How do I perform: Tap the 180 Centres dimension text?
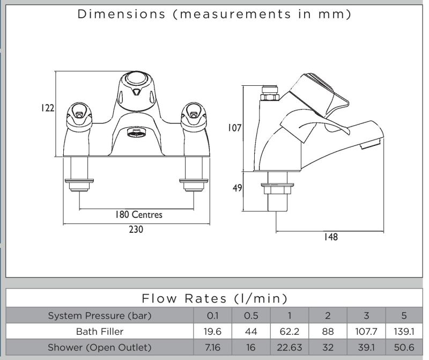[x=138, y=215]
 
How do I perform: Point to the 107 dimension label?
[x=234, y=128]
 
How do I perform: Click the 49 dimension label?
[x=236, y=188]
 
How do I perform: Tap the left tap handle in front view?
[x=79, y=113]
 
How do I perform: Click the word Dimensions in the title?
[x=122, y=14]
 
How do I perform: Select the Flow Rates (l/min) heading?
[x=214, y=298]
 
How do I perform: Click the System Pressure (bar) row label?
[x=100, y=315]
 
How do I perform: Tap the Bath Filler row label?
[x=100, y=331]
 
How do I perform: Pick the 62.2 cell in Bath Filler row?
[x=290, y=331]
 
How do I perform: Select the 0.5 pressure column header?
[x=251, y=315]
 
